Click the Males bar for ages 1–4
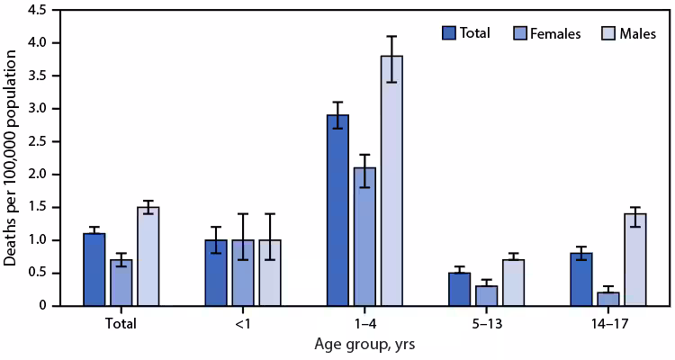[x=391, y=181]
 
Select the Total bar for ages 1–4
[x=338, y=211]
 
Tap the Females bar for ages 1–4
[x=364, y=237]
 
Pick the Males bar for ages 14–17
[x=634, y=260]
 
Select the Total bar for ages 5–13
[x=460, y=290]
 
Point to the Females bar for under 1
[x=242, y=274]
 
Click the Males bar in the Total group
[x=147, y=256]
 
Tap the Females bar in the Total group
[x=121, y=283]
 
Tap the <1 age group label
[x=242, y=322]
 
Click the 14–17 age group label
[x=608, y=322]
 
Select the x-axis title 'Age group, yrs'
[x=364, y=343]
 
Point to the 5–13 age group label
[x=486, y=322]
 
